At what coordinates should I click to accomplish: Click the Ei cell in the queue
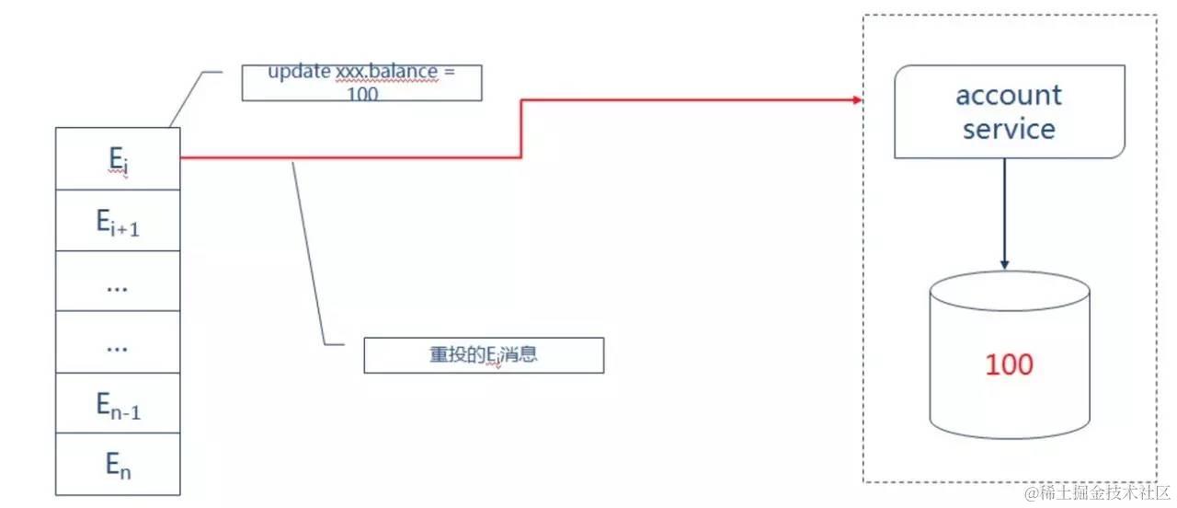[118, 158]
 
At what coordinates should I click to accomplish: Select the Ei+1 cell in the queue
[118, 220]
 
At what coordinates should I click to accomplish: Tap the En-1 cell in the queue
[118, 404]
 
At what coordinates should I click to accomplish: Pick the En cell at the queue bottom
[118, 465]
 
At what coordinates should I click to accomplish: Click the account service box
[1009, 111]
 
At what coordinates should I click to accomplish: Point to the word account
[1009, 95]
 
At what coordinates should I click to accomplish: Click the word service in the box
[1009, 128]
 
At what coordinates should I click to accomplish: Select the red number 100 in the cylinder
[1009, 364]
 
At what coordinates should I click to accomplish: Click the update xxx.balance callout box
[361, 83]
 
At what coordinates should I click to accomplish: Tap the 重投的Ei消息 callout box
[484, 355]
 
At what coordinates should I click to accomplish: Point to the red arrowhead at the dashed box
[858, 99]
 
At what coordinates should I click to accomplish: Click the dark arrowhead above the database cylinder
[1005, 264]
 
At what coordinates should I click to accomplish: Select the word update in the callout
[295, 72]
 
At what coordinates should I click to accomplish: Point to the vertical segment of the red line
[522, 129]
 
